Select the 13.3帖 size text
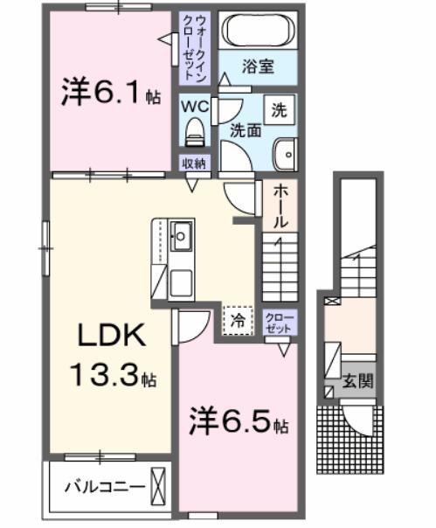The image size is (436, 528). [x=113, y=378]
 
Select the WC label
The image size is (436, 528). [x=194, y=106]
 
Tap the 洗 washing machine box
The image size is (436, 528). [x=279, y=110]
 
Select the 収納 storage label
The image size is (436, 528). [x=194, y=163]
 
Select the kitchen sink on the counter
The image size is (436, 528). [x=183, y=235]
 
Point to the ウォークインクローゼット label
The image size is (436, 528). [x=192, y=47]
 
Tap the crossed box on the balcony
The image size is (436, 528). [x=157, y=484]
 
